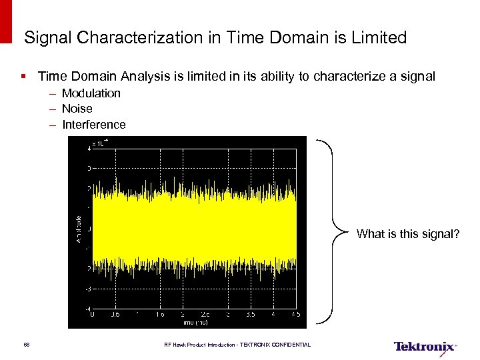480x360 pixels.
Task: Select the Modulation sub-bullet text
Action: [91, 93]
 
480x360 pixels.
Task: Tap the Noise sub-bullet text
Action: [77, 109]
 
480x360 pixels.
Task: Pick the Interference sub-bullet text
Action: [94, 125]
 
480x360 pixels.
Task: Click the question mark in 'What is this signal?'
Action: [456, 234]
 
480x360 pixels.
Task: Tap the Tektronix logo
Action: [425, 347]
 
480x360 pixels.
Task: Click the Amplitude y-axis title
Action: [79, 228]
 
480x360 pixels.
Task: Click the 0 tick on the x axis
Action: [93, 315]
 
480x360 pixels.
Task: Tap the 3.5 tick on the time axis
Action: [250, 315]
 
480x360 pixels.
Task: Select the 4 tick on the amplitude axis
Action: [89, 149]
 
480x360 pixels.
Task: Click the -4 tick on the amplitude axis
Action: [87, 309]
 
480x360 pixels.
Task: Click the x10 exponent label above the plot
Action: [100, 142]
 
